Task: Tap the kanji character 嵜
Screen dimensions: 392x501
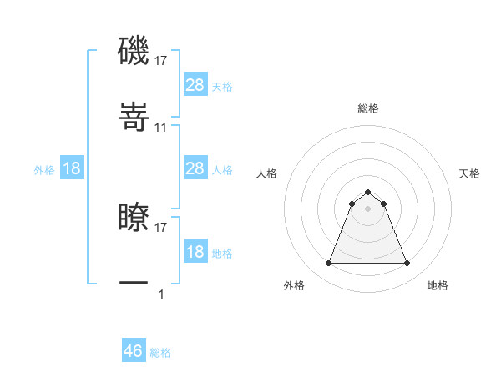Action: [134, 120]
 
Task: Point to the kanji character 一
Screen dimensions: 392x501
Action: [134, 284]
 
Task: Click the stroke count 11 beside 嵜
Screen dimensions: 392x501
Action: [161, 128]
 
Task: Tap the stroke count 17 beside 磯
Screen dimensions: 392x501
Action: [161, 60]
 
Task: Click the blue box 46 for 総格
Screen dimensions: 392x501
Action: [134, 351]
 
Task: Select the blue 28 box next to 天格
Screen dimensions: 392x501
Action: [195, 84]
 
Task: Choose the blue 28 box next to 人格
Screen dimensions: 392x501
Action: [195, 168]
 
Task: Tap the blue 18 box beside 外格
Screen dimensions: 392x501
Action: [72, 168]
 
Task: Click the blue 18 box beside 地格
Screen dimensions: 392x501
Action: [195, 252]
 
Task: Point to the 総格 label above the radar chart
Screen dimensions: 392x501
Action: [368, 108]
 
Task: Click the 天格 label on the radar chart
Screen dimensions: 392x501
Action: [469, 173]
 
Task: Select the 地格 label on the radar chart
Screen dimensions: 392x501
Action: [438, 285]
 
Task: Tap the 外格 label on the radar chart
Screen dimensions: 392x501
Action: [294, 285]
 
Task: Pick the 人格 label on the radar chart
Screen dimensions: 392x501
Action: [267, 173]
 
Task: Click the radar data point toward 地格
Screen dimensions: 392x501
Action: [407, 264]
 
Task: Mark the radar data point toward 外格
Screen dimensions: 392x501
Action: [328, 264]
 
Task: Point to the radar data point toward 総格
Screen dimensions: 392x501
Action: [368, 192]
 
